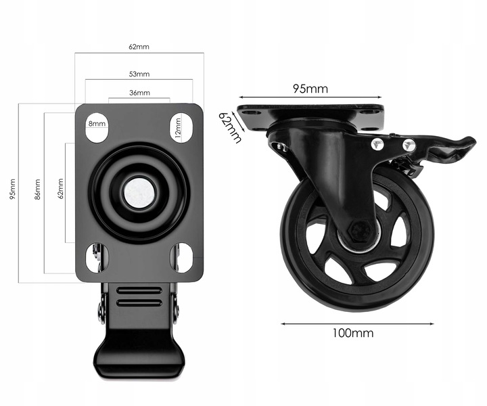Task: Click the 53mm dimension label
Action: click(139, 74)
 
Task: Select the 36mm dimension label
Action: click(139, 93)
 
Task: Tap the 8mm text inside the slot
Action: click(97, 124)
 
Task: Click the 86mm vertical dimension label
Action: click(37, 189)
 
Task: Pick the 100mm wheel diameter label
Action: click(353, 334)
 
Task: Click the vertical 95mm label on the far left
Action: click(12, 189)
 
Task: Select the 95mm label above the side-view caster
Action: click(310, 89)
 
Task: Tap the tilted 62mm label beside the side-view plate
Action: click(230, 127)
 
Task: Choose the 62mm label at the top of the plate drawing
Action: click(139, 47)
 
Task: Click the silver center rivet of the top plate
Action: click(139, 193)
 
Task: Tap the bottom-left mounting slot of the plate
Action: click(97, 258)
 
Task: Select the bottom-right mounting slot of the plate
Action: click(181, 258)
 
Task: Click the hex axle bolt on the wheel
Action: click(360, 231)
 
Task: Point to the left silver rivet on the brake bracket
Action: click(377, 144)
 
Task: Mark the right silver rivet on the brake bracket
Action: click(409, 145)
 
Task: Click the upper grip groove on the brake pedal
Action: click(139, 291)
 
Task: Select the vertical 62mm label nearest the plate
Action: click(61, 189)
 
